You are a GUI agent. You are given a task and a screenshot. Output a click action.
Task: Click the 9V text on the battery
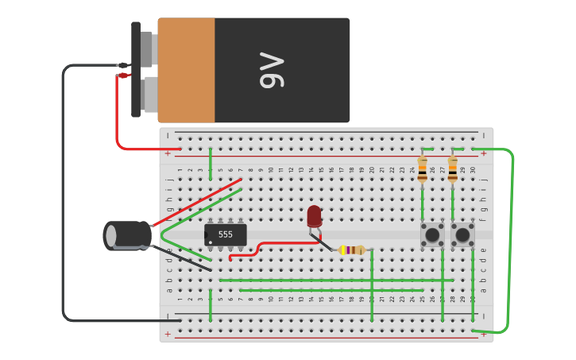click(271, 71)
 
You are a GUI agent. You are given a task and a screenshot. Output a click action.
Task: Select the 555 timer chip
click(225, 234)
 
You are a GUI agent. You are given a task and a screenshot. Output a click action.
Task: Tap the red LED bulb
click(315, 215)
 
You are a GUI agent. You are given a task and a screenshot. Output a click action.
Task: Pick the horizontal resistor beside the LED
click(350, 250)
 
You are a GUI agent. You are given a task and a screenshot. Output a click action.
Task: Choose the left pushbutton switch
click(432, 234)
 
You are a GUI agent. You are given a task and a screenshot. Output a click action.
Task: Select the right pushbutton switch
click(462, 234)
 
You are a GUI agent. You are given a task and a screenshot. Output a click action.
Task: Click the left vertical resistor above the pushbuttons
click(422, 168)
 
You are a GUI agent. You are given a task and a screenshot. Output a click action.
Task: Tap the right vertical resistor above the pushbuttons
click(452, 168)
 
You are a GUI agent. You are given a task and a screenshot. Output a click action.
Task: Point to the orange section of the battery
click(186, 71)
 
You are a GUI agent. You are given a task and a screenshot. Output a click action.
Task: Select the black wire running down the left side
click(64, 199)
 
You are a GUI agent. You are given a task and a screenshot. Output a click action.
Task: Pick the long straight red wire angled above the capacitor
click(199, 202)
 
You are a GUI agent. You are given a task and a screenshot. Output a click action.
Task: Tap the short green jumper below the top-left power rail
click(211, 164)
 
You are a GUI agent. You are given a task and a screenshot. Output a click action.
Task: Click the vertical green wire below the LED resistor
click(372, 286)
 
